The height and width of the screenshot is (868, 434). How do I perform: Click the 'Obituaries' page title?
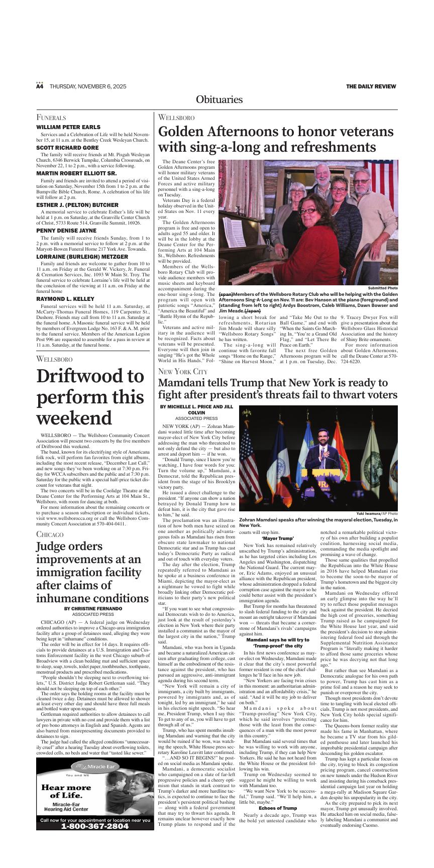pos(219,99)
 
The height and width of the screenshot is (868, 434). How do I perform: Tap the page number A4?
pos(40,86)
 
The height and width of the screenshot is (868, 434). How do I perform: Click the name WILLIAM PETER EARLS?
pos(68,127)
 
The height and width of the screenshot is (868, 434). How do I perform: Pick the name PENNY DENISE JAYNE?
pos(66,231)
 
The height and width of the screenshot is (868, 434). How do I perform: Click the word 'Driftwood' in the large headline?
pos(90,376)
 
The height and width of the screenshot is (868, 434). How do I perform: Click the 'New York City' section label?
pos(182,371)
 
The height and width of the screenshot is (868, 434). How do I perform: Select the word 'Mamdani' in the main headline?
pos(184,383)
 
